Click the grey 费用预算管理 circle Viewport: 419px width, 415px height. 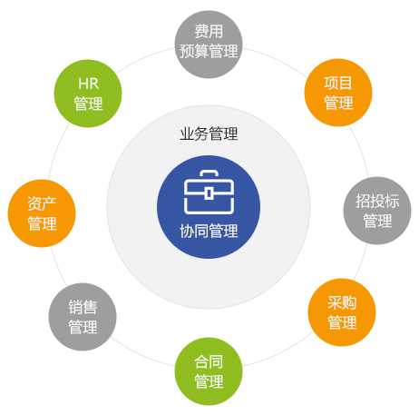(209, 44)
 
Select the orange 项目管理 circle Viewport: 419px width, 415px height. (338, 93)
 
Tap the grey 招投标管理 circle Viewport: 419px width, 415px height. (377, 211)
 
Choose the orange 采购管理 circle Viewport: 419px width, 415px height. (342, 312)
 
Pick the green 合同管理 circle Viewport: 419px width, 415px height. (209, 371)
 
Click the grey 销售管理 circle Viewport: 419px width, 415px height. (83, 317)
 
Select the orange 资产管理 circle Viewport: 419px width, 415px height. (42, 213)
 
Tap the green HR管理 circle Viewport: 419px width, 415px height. (88, 94)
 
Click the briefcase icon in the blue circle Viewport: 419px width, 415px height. (209, 192)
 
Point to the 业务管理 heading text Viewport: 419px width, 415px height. (209, 133)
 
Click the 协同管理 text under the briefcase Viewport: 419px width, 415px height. (209, 232)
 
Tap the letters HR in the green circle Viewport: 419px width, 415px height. (88, 84)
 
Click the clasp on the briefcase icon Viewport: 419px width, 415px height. (209, 193)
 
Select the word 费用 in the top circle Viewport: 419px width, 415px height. (209, 32)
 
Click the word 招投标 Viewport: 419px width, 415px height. (377, 201)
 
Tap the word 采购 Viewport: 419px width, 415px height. (342, 302)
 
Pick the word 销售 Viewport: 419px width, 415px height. (83, 307)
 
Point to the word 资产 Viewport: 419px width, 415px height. (42, 203)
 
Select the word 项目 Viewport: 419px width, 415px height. (338, 83)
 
